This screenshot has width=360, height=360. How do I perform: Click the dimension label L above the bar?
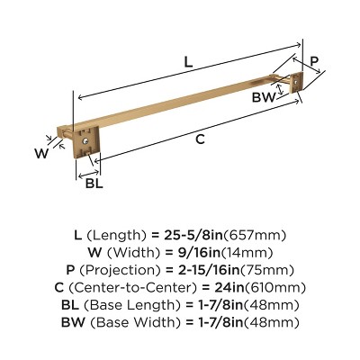pyautogui.click(x=186, y=62)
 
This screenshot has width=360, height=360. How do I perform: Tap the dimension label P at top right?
pyautogui.click(x=314, y=61)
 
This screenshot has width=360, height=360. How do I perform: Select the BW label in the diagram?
pyautogui.click(x=263, y=97)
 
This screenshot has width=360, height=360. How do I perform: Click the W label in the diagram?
pyautogui.click(x=40, y=153)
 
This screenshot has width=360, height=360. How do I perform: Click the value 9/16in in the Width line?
pyautogui.click(x=194, y=253)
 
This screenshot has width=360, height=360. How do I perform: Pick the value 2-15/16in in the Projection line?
pyautogui.click(x=211, y=270)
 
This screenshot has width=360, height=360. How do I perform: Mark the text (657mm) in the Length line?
pyautogui.click(x=261, y=235)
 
